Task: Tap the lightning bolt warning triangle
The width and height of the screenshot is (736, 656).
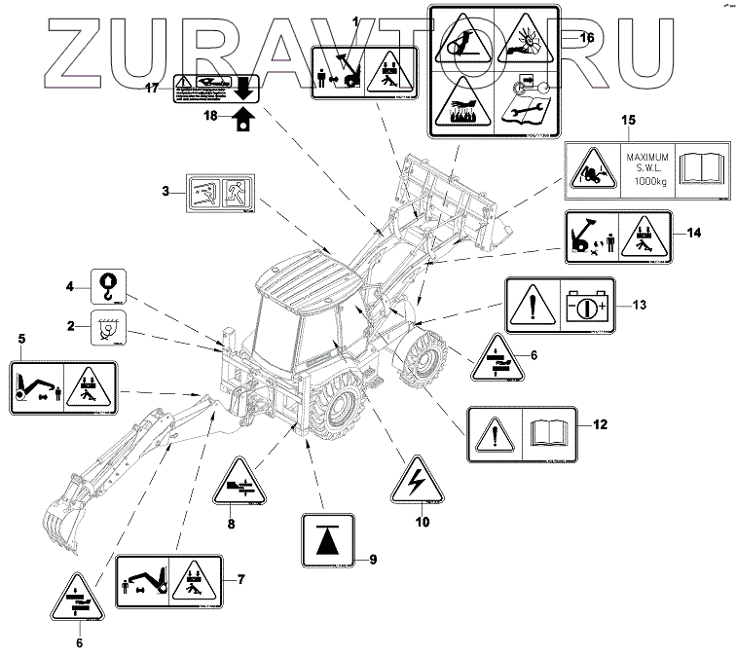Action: tap(421, 480)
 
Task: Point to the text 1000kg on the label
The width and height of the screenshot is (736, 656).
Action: tap(644, 181)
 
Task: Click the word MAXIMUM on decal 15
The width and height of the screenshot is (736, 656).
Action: tap(644, 156)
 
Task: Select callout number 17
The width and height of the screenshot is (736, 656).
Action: tap(152, 88)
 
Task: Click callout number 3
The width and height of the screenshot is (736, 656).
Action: tap(166, 191)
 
